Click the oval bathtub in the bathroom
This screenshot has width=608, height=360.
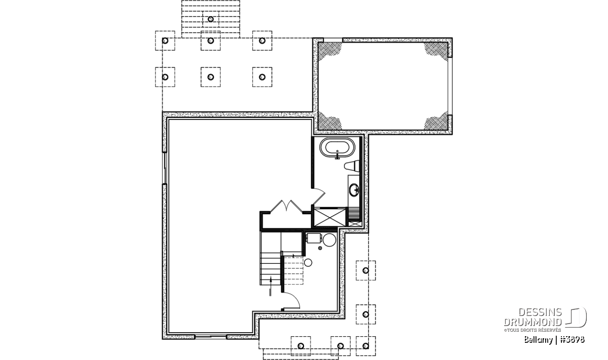pyautogui.click(x=337, y=149)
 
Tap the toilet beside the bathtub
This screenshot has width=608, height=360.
pyautogui.click(x=352, y=166)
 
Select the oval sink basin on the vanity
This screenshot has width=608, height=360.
pyautogui.click(x=354, y=190)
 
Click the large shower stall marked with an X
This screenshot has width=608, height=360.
pyautogui.click(x=330, y=217)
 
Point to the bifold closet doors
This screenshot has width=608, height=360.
pyautogui.click(x=287, y=206)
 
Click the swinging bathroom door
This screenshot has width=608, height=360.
pyautogui.click(x=318, y=196)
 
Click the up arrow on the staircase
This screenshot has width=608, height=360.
pyautogui.click(x=271, y=286)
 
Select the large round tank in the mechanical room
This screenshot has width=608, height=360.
pyautogui.click(x=329, y=240)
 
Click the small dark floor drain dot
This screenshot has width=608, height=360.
pyautogui.click(x=320, y=248)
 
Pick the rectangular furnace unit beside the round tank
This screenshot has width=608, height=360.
pyautogui.click(x=314, y=238)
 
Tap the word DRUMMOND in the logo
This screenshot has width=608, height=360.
pyautogui.click(x=533, y=323)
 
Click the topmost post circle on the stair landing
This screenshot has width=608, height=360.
pyautogui.click(x=211, y=19)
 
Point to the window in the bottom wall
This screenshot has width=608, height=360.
pyautogui.click(x=211, y=337)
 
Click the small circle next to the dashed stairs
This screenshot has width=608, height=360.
pyautogui.click(x=308, y=263)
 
